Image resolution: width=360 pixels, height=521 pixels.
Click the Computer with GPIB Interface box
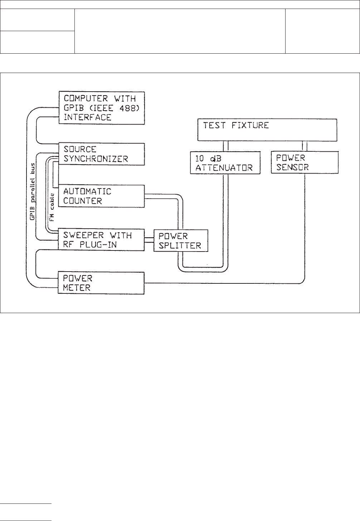click(x=102, y=107)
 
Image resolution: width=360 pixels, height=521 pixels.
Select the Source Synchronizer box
click(x=102, y=154)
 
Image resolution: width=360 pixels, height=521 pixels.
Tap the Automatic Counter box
click(x=102, y=196)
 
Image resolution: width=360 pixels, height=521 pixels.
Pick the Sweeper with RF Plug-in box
click(x=102, y=240)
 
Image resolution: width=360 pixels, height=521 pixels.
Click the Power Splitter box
click(x=181, y=240)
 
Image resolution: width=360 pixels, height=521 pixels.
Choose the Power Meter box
click(x=102, y=283)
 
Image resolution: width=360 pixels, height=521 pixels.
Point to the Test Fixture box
click(x=268, y=130)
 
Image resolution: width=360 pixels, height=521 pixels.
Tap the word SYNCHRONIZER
click(x=96, y=159)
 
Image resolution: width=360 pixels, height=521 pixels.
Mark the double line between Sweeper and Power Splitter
click(x=149, y=240)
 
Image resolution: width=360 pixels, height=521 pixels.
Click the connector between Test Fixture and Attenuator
click(x=226, y=146)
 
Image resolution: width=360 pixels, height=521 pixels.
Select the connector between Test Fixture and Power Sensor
click(x=305, y=146)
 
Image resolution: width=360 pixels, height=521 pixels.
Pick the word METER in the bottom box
click(x=77, y=288)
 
